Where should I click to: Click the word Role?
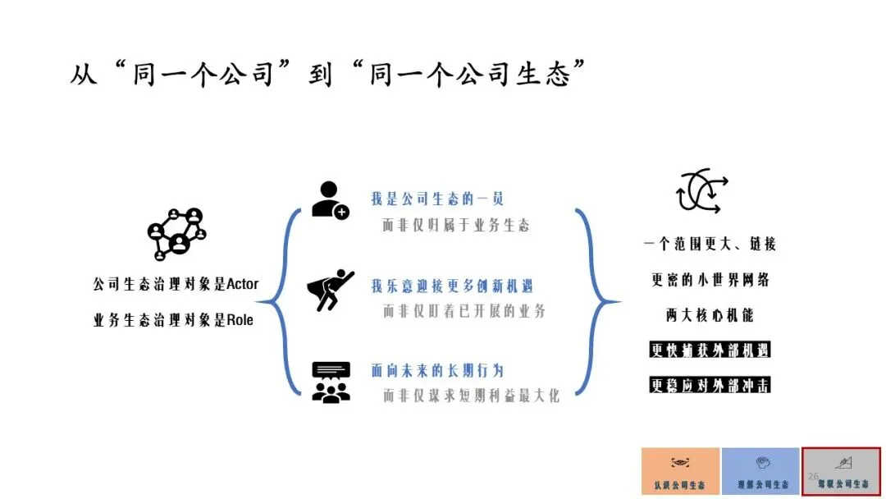pos(239,321)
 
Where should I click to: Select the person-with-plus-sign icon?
pos(330,199)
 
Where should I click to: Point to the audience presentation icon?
pos(331,382)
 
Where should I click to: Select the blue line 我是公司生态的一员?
pos(436,199)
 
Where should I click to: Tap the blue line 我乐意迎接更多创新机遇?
pos(452,286)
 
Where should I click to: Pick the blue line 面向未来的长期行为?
pos(436,370)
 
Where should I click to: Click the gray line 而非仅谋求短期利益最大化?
pos(471,396)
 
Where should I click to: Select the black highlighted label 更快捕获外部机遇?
pos(710,350)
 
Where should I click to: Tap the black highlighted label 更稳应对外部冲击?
pos(710,385)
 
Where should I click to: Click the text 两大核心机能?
pos(710,314)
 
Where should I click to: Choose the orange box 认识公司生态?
pos(680,471)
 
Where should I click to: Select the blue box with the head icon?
pos(760,471)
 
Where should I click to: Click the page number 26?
pos(814,476)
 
